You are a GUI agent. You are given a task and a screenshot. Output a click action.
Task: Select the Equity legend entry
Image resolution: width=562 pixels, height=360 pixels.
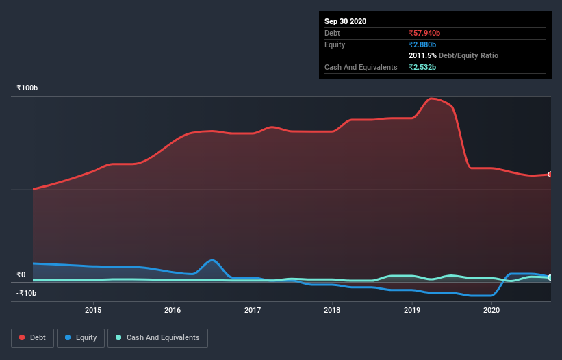(x=81, y=337)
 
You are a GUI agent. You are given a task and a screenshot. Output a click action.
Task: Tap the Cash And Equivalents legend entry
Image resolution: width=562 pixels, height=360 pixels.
(x=157, y=337)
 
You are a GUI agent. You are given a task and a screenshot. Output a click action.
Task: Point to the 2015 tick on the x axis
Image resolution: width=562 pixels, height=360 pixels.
(x=93, y=310)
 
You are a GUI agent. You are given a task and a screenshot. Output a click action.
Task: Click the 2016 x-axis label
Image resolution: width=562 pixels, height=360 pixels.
(x=173, y=310)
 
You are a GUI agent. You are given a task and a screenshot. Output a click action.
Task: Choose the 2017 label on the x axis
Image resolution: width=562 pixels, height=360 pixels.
(x=253, y=310)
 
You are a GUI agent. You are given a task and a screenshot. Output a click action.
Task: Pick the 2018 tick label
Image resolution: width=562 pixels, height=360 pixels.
(x=332, y=310)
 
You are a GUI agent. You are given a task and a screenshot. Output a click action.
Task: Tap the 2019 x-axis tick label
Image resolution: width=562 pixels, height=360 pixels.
(x=412, y=310)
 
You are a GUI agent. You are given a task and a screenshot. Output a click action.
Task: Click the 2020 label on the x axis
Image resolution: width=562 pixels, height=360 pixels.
(x=491, y=310)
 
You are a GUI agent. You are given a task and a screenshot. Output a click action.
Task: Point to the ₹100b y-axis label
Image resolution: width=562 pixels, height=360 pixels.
(x=27, y=88)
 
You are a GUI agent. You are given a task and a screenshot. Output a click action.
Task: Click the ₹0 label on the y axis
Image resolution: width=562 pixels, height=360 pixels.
(x=21, y=274)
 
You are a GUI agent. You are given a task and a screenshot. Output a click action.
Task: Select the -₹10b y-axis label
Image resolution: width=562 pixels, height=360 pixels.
(x=27, y=293)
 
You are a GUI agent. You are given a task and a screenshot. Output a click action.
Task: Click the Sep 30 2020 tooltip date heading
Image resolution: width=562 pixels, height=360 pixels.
(x=345, y=21)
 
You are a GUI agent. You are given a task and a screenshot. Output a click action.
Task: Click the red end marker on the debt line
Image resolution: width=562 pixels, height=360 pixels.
(x=550, y=175)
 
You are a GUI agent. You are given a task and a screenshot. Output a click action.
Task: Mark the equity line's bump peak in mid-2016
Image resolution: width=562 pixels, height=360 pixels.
(x=213, y=260)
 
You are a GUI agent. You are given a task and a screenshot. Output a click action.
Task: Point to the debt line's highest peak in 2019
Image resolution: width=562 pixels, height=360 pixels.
(x=431, y=99)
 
